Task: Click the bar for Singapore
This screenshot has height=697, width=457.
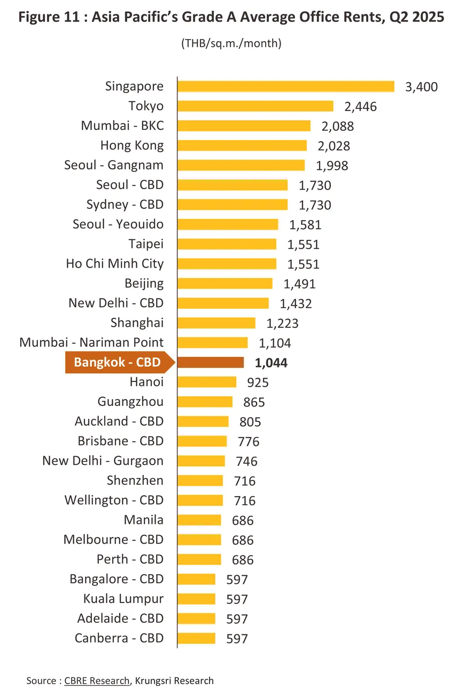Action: tap(285, 87)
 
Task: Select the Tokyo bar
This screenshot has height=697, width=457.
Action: tap(255, 106)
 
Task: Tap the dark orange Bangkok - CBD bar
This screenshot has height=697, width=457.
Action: tap(210, 363)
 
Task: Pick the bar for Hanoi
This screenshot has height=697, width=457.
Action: tap(206, 382)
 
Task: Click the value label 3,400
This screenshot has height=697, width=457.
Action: tap(422, 87)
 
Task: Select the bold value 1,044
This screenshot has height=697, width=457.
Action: tap(272, 363)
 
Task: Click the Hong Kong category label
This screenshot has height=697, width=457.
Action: tap(132, 145)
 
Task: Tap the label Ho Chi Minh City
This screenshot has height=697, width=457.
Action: tap(115, 263)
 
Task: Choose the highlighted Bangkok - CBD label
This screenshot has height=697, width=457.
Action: tap(117, 363)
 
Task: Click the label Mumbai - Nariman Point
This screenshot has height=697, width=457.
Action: tap(91, 342)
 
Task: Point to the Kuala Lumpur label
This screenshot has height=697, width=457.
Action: tap(123, 599)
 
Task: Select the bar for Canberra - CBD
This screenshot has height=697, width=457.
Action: tap(196, 638)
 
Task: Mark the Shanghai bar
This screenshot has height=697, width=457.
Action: tap(216, 323)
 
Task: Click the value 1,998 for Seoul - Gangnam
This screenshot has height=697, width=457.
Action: tap(332, 166)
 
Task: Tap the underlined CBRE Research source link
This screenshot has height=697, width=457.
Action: tap(97, 680)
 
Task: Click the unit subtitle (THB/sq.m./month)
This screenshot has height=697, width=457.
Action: tap(231, 44)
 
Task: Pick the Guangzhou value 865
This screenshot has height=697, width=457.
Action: tap(253, 402)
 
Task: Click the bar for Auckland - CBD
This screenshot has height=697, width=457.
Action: tap(203, 421)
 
